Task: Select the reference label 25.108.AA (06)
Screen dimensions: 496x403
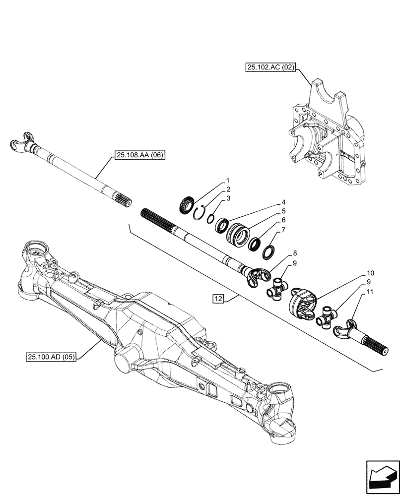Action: pos(139,156)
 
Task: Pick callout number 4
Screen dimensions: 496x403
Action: pos(283,202)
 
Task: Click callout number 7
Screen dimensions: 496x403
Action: pos(283,230)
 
